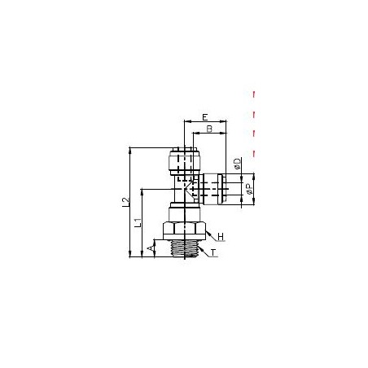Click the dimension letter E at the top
[205, 117]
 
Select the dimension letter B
[209, 129]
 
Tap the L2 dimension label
[125, 202]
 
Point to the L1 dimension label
[138, 222]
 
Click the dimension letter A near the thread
[150, 248]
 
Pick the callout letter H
[221, 237]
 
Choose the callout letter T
[213, 252]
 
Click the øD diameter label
[237, 164]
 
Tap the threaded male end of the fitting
[185, 248]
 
